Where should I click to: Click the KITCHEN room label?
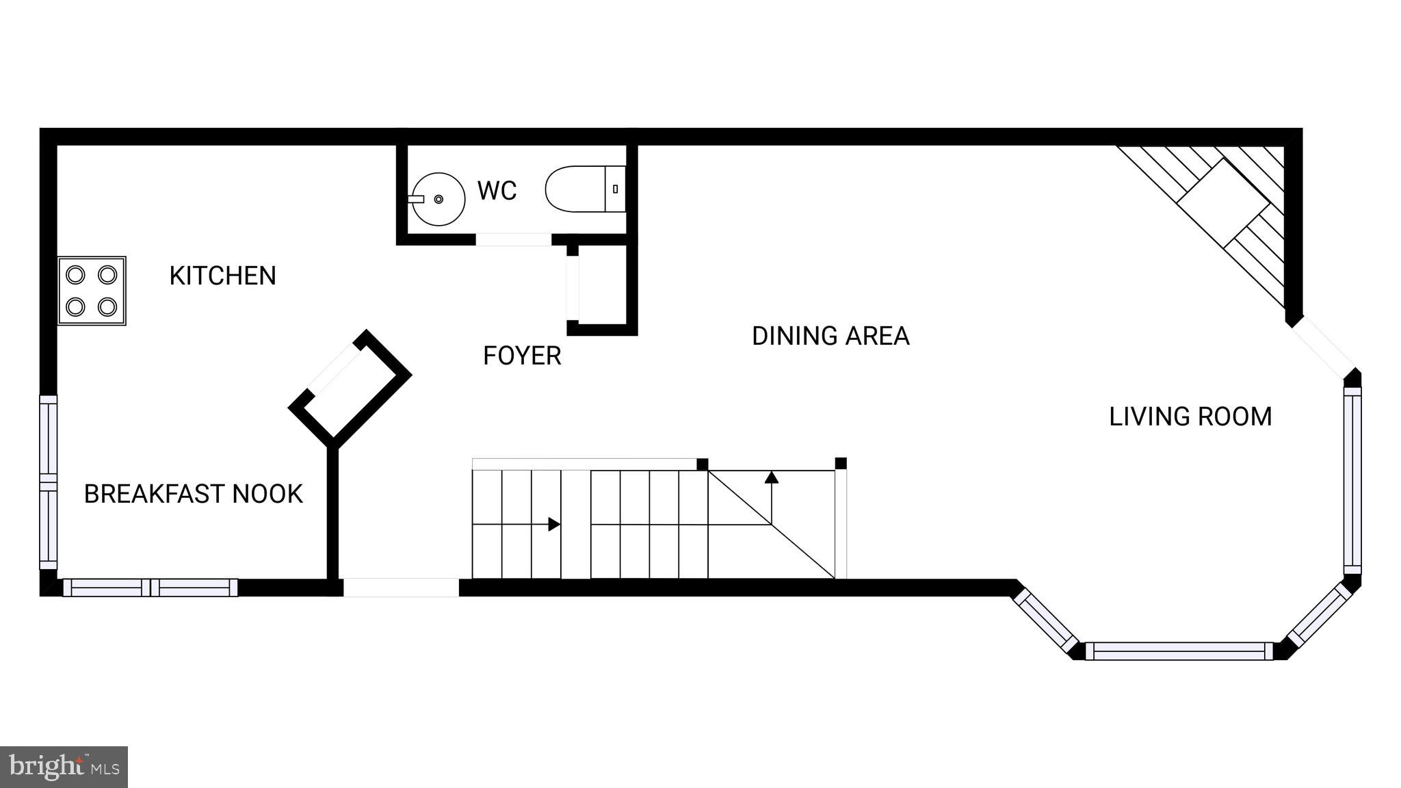click(222, 276)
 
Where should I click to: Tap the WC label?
click(497, 191)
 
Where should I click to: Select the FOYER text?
click(522, 356)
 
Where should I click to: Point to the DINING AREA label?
click(830, 336)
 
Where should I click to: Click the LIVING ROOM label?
click(1190, 417)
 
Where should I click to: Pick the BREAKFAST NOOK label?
click(193, 494)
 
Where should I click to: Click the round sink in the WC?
click(437, 199)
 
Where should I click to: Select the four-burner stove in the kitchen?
click(92, 291)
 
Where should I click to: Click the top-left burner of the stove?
click(75, 275)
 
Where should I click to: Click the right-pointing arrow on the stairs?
click(553, 525)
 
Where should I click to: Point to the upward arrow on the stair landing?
click(772, 478)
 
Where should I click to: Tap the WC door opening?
click(513, 239)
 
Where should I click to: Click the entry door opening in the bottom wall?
click(401, 588)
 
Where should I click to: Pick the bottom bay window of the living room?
click(1179, 651)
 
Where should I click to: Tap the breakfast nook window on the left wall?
click(49, 482)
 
